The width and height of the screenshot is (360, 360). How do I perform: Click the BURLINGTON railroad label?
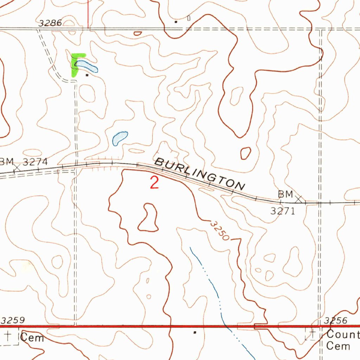[x=200, y=174]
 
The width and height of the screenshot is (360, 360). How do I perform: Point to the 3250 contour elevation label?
[x=220, y=231]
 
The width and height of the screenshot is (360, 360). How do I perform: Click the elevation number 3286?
[x=50, y=23]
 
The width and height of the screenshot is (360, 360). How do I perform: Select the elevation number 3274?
[x=35, y=162]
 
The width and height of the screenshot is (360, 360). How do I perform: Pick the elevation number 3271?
[x=282, y=211]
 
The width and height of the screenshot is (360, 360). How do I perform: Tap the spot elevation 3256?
[x=336, y=320]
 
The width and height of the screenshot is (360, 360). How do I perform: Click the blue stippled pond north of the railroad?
[x=120, y=138]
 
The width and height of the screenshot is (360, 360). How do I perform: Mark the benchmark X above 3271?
[x=299, y=199]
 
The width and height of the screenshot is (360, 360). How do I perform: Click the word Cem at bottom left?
[x=32, y=338]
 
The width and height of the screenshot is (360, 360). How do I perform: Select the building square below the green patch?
[x=87, y=75]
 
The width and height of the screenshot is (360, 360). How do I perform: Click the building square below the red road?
[x=195, y=332]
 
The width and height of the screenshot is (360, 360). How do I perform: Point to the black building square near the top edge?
[x=176, y=22]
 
